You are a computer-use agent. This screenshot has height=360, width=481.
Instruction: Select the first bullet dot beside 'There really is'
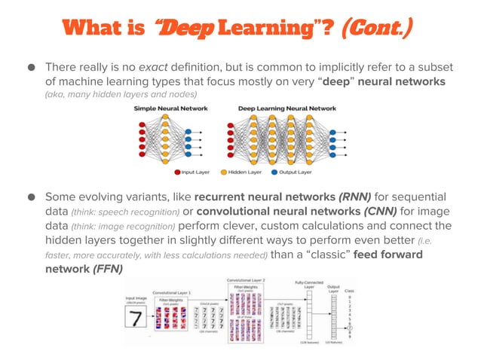[31, 66]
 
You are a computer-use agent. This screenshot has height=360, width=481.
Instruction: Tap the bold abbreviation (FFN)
[107, 270]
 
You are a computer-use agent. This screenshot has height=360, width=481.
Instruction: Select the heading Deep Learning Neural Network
[286, 109]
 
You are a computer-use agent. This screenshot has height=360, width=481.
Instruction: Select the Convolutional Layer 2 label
[248, 279]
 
